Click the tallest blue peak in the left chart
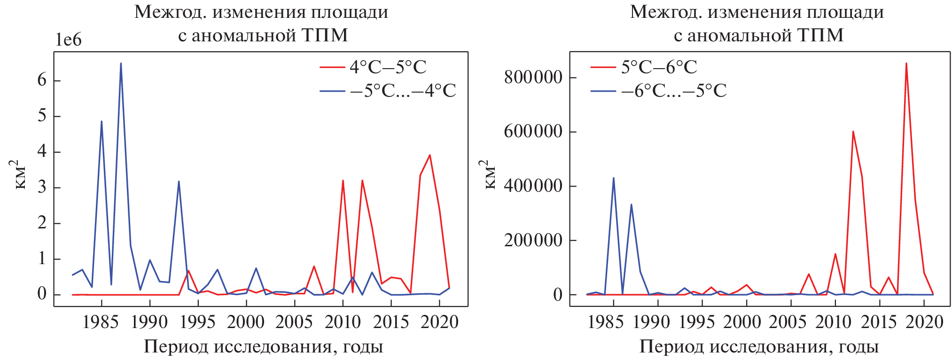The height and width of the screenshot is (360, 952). coord(121,63)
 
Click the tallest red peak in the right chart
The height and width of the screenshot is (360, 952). coord(906,63)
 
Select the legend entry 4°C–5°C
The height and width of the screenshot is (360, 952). coord(388,67)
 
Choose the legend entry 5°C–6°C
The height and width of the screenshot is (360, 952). coord(659,67)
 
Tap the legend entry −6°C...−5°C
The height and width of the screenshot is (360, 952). coord(674,91)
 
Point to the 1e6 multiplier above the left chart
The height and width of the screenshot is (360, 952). coord(69,40)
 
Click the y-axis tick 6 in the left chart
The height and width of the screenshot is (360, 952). coord(42,80)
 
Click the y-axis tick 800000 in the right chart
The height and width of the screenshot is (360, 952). coord(533,77)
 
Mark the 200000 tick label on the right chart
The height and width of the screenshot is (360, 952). coord(533,240)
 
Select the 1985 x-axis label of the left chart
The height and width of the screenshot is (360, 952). coord(100,322)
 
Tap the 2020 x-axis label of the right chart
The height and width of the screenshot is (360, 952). coord(924,322)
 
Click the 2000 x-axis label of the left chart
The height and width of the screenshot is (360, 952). coord(246,322)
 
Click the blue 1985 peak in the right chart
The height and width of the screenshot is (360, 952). coord(613,178)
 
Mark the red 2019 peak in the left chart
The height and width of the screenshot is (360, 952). coord(429,155)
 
